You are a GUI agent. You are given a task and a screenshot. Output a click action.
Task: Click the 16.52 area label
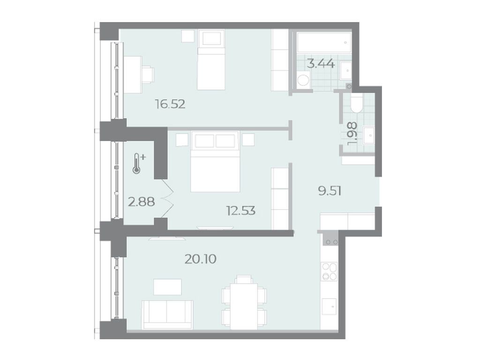tap(170, 105)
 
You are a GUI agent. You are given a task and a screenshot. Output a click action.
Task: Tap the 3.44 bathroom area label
tap(321, 64)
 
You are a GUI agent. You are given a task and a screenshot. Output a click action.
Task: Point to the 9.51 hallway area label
tap(330, 191)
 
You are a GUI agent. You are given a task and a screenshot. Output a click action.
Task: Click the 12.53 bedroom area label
tap(241, 210)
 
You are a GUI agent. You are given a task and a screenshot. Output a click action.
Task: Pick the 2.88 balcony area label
tap(141, 202)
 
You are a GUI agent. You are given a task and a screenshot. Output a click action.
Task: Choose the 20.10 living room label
tap(201, 259)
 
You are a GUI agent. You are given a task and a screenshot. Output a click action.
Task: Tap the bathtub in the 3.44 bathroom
tap(323, 42)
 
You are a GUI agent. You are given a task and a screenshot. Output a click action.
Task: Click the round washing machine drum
tap(303, 81)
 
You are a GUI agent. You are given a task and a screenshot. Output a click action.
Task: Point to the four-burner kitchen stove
tap(329, 271)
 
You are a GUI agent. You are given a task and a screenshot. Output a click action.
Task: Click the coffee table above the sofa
tap(167, 287)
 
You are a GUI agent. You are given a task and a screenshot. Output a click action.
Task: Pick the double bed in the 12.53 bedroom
tap(215, 161)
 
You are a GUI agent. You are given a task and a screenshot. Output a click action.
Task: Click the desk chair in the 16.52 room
tap(149, 75)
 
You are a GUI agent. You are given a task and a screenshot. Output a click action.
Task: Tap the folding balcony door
tap(167, 198)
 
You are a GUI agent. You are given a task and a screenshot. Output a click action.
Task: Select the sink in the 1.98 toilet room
tap(369, 135)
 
